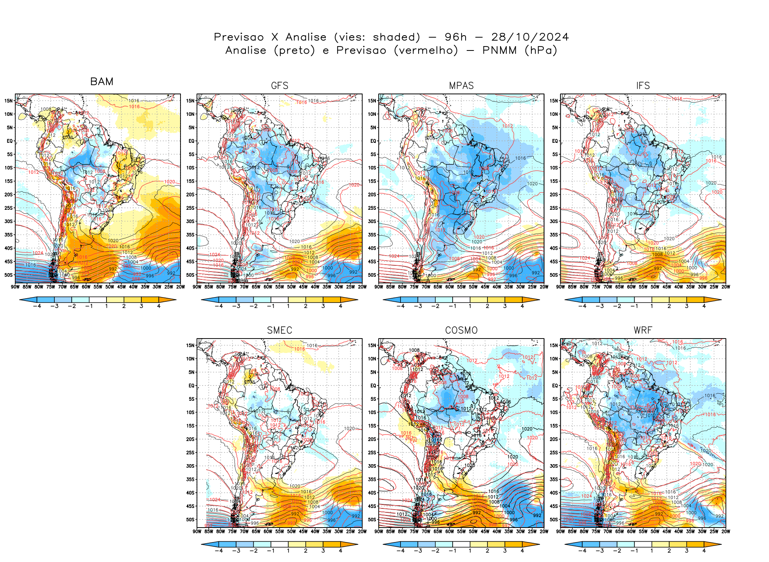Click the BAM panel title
point(101,81)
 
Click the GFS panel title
point(280,86)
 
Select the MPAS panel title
point(461,86)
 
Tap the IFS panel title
point(643,86)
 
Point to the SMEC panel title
point(280,330)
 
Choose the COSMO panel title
point(461,330)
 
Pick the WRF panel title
point(643,330)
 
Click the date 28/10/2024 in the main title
point(530,37)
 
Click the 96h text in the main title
point(456,37)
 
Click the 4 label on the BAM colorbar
point(159,306)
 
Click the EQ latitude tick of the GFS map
point(191,141)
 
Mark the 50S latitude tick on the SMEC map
point(190,520)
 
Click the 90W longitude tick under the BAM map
point(15,287)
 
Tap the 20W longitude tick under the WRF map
point(726,531)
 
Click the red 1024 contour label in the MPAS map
point(394,256)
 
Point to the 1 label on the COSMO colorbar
point(470,551)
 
